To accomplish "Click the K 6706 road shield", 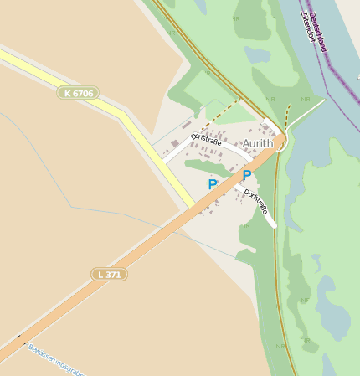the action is [78, 93].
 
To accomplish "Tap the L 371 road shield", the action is [109, 274].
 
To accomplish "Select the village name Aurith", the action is [258, 144].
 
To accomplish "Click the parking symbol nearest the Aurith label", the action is [246, 175].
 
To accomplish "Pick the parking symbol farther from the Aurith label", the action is [213, 184].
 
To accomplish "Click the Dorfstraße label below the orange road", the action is [256, 201].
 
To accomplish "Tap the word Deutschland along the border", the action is [317, 31].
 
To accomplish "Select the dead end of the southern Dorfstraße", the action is [273, 224].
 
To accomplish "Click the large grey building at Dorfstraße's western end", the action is [175, 144].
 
